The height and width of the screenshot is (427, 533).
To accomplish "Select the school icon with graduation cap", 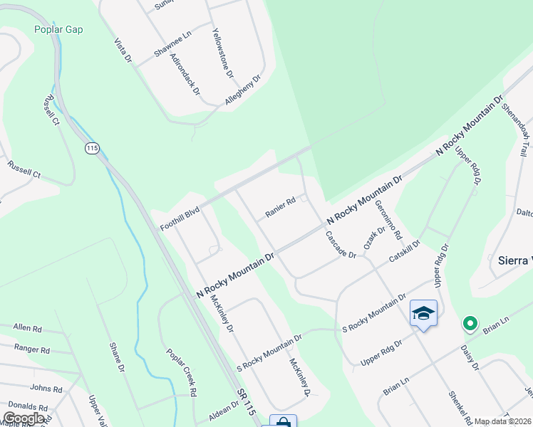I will coord(423,314).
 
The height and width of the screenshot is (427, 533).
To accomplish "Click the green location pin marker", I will coord(470,324).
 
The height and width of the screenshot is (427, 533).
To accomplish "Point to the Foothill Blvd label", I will coord(179,217).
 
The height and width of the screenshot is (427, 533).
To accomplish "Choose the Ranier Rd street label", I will coord(280,208).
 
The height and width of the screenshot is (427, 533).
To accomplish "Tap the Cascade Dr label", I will coord(341,245).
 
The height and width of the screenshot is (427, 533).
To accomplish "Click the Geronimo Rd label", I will coord(389,220).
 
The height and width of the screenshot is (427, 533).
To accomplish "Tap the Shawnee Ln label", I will coord(172,45).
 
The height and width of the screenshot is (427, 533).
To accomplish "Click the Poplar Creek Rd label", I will coord(182,372).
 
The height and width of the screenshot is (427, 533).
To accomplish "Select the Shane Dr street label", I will coord(117,357).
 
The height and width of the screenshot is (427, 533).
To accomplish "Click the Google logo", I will coord(24,418).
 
